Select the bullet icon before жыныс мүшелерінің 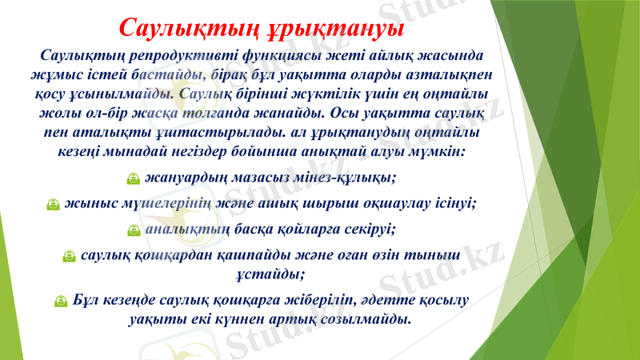(x=51, y=205)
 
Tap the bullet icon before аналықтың (x=134, y=231)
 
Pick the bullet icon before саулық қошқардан (x=69, y=257)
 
